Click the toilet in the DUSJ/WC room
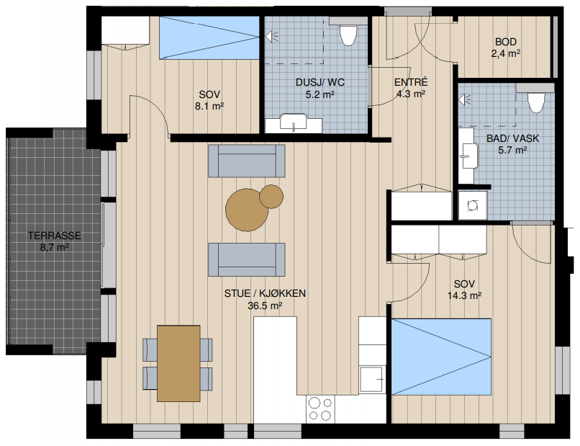[x=348, y=35]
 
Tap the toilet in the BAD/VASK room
[x=536, y=102]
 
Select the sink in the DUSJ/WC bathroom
[x=294, y=122]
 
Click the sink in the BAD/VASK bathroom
[x=468, y=156]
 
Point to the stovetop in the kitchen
[x=320, y=409]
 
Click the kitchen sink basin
[x=371, y=379]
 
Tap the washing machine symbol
[x=473, y=205]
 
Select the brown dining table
[x=178, y=363]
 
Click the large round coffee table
[x=247, y=209]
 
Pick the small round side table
[x=271, y=196]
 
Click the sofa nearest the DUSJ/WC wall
[x=247, y=161]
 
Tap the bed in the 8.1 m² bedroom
[x=209, y=37]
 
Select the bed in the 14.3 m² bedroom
[x=441, y=357]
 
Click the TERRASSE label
[x=55, y=236]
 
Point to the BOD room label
[x=506, y=42]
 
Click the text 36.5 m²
[x=265, y=306]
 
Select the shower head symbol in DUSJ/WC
[x=271, y=36]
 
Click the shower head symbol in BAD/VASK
[x=464, y=99]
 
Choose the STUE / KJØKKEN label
[x=265, y=293]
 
